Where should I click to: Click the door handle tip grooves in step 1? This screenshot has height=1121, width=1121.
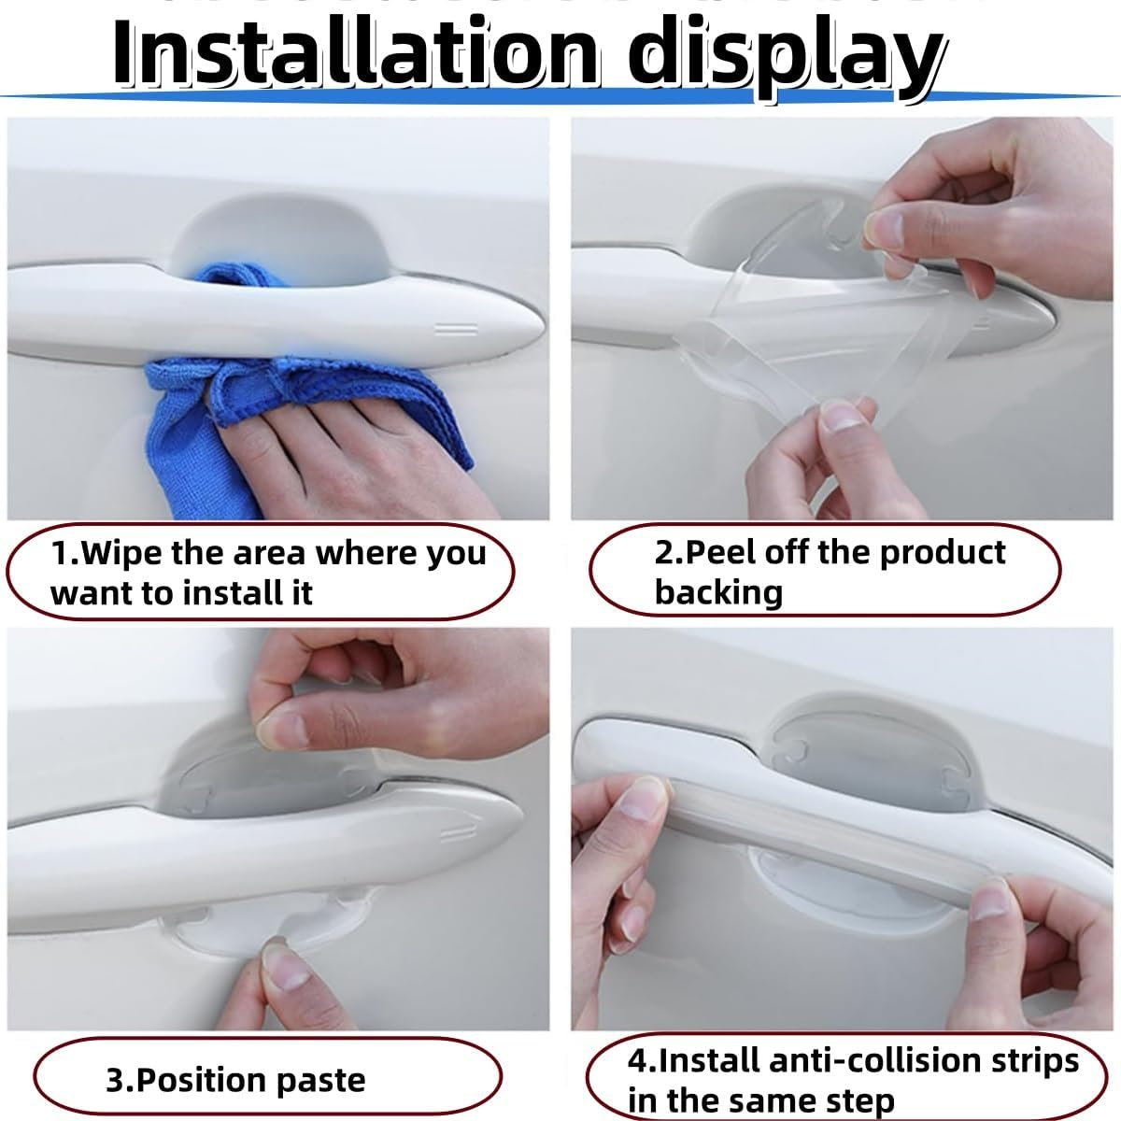[457, 329]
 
